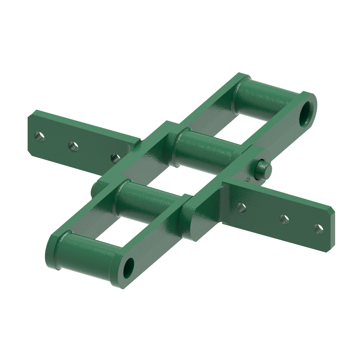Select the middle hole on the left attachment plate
[x=73, y=146]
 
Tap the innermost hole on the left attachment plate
[x=115, y=158]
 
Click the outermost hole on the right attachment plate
[x=318, y=228]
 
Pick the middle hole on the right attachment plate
[x=284, y=219]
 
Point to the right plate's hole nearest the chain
[x=242, y=207]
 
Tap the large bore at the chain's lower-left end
[x=129, y=268]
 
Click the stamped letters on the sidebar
[x=247, y=179]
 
